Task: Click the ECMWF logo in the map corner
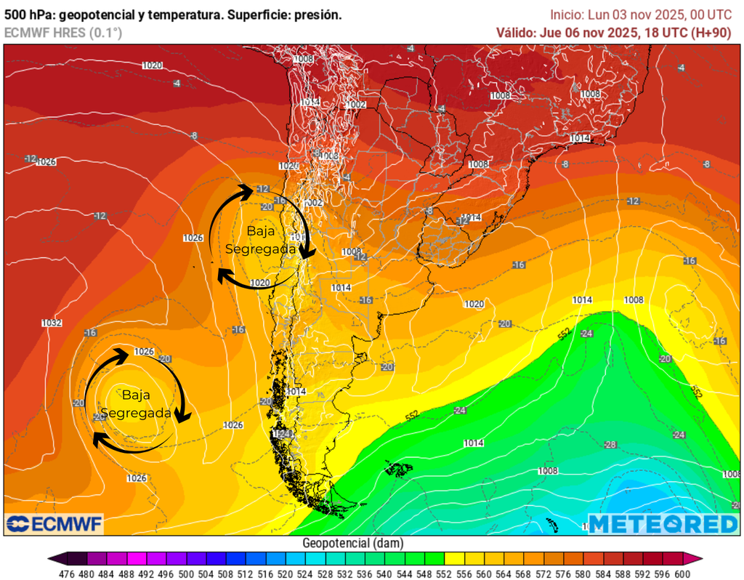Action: point(54,523)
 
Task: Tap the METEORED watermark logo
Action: point(662,523)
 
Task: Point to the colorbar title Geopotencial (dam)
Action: point(352,543)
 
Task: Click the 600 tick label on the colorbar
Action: point(682,573)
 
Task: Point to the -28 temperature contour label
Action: point(610,445)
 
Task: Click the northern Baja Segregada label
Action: point(260,240)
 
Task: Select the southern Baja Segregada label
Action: point(136,404)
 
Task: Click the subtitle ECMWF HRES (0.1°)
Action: point(63,33)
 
